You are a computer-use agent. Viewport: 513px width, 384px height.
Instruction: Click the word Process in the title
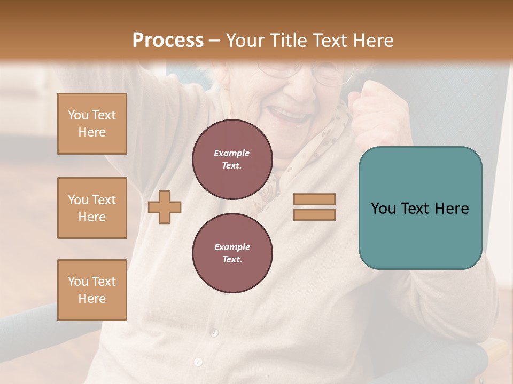tap(168, 41)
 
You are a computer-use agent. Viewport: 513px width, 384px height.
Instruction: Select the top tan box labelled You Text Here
tap(92, 124)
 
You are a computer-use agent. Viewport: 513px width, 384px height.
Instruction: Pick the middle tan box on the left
tap(92, 208)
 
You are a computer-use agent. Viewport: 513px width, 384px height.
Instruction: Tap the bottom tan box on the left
tap(92, 290)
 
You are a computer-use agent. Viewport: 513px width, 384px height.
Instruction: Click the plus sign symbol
tap(165, 206)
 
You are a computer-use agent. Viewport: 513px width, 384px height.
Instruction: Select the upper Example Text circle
tap(232, 159)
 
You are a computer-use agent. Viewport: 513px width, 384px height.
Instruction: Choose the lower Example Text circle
tap(232, 253)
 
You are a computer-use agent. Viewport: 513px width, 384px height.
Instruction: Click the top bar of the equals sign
tap(314, 199)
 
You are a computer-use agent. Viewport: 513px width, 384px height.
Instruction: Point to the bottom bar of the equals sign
tap(314, 214)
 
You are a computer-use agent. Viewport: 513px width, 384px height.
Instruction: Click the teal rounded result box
tap(420, 208)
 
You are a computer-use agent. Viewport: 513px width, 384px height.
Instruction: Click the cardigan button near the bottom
tap(198, 362)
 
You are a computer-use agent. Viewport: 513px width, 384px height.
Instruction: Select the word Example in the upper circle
tap(232, 153)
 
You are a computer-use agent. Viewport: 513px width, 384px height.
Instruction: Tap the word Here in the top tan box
tap(92, 132)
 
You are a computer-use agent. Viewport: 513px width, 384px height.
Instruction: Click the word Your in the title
tap(244, 41)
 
